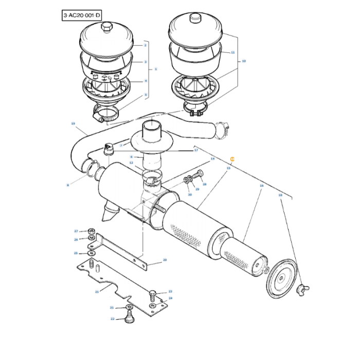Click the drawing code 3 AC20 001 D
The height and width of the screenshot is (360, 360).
coord(82,15)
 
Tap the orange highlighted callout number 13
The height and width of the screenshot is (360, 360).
coord(232,159)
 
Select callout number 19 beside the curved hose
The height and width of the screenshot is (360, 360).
coord(73,123)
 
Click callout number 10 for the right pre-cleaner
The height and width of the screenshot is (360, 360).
coord(244,61)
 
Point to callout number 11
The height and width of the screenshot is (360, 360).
coord(232,52)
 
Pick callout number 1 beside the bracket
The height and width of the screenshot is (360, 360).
coord(156,68)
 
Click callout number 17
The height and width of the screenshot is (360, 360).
coord(196,150)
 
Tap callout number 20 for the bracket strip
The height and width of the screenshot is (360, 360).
coord(165,260)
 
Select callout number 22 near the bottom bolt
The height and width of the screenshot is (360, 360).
coord(113,319)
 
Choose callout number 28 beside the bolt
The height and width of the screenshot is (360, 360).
coord(204,184)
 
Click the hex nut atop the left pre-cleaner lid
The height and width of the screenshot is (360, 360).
coord(106,25)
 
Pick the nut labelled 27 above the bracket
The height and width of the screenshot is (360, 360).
coord(91,230)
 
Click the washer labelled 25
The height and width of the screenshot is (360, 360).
coord(91,253)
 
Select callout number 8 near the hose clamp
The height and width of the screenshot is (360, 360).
coord(67,185)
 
